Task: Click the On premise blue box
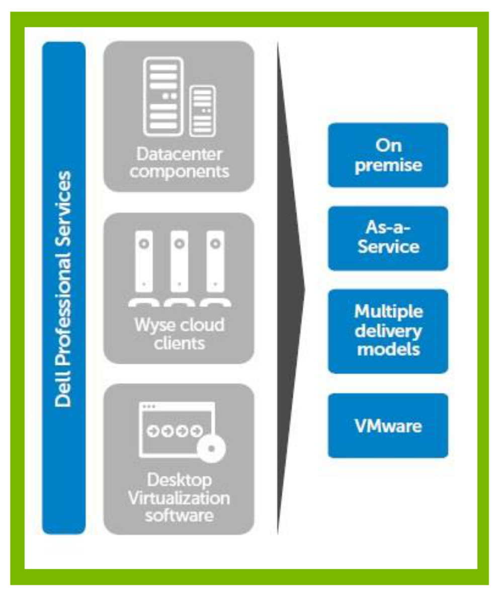point(388,155)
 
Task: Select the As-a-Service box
point(388,238)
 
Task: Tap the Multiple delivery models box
point(388,330)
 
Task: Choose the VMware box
point(388,426)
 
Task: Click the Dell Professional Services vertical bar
point(64,288)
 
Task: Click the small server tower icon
point(202,111)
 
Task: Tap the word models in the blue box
point(388,349)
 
